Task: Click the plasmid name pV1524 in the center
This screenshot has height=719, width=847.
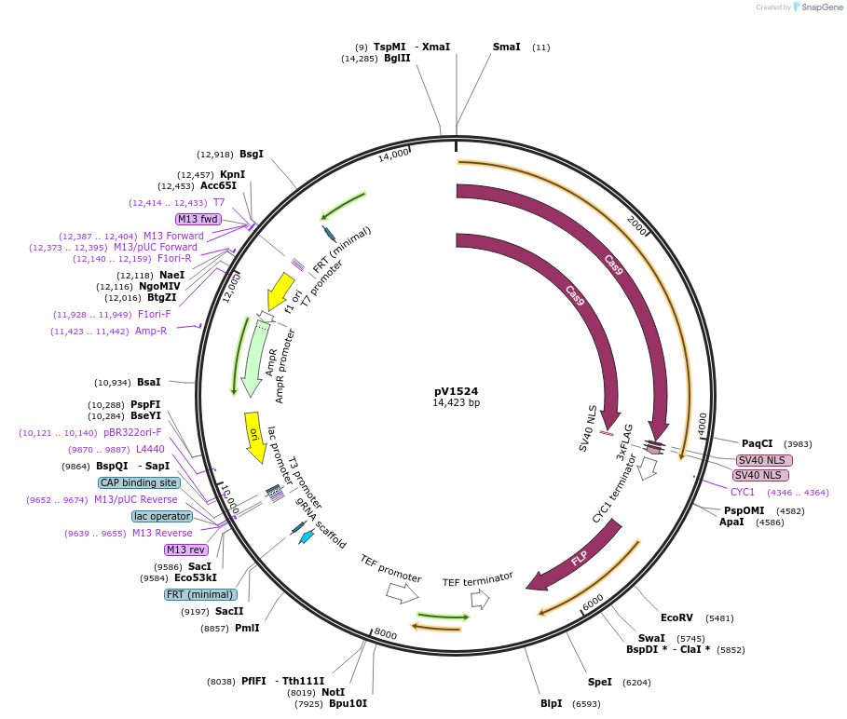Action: click(x=456, y=391)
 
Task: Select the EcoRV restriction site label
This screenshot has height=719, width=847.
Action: click(x=676, y=617)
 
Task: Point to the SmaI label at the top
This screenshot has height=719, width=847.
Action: click(x=507, y=47)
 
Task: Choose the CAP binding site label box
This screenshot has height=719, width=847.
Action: click(x=139, y=482)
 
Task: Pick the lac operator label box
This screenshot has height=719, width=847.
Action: click(x=162, y=516)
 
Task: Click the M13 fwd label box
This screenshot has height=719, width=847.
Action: click(x=198, y=219)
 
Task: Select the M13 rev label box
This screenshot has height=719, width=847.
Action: click(x=185, y=549)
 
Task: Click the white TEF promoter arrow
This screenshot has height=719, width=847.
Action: click(x=402, y=590)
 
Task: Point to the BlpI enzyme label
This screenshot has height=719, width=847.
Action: click(x=551, y=703)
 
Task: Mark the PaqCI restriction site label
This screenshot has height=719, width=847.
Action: click(x=757, y=443)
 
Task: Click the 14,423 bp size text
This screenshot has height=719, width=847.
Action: click(x=456, y=403)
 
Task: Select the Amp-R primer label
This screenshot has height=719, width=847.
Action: click(x=151, y=331)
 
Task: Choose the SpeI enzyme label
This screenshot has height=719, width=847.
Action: click(x=600, y=682)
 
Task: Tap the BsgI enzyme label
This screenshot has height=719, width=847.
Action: click(x=252, y=154)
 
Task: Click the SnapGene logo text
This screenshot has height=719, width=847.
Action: click(x=820, y=7)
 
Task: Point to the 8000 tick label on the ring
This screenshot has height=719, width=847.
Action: click(x=386, y=634)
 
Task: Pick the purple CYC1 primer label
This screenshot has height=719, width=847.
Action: click(x=743, y=492)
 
